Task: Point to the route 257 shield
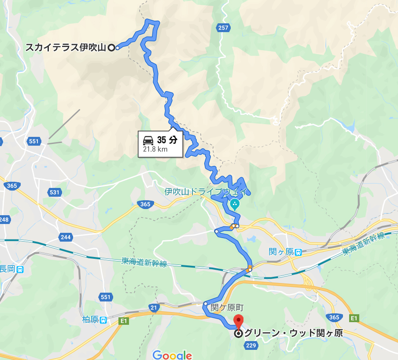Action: [223, 28]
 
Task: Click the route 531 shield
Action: [54, 192]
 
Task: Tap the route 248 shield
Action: [4, 219]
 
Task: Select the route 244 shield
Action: [66, 237]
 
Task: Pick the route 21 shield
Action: [153, 307]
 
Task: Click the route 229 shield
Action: [251, 346]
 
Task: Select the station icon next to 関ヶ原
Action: [298, 252]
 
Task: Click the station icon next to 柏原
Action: [103, 320]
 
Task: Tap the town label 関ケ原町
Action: [227, 307]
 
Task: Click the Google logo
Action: [172, 355]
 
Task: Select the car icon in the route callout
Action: [148, 140]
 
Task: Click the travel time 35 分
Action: [167, 140]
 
